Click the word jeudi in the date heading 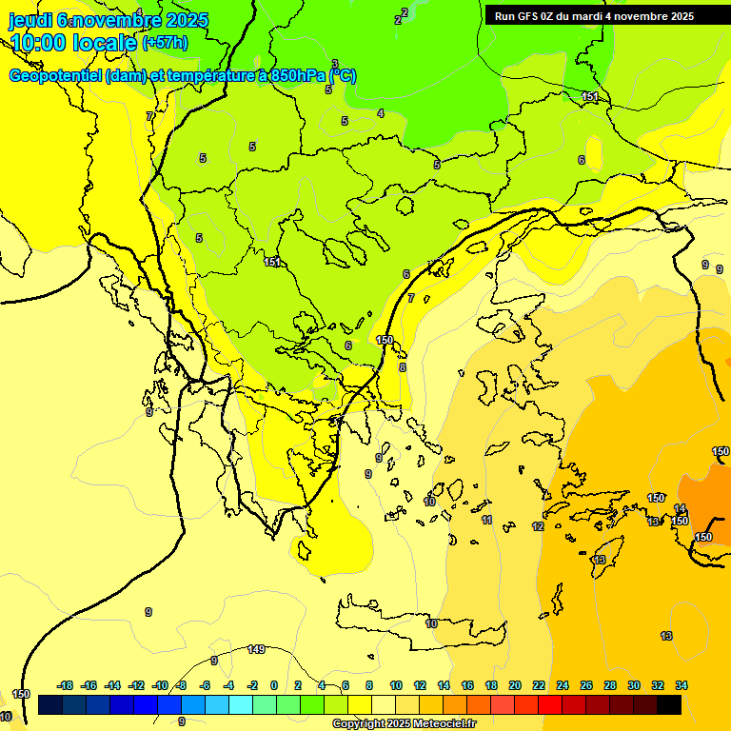pos(30,19)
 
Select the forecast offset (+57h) pos(165,43)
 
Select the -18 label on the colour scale pos(66,685)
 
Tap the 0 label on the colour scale pos(274,685)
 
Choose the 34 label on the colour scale pos(681,685)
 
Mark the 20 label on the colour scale pos(515,685)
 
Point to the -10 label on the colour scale pos(160,685)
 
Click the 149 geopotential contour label pos(256,650)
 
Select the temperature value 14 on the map pos(680,509)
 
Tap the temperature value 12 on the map pos(538,526)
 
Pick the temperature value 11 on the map pos(486,521)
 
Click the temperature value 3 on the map pos(334,64)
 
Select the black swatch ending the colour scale pos(668,704)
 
